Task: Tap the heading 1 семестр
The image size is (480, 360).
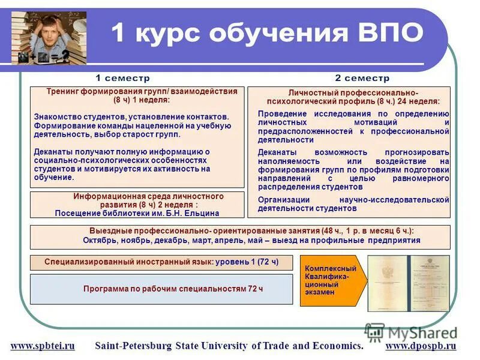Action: [x=123, y=78]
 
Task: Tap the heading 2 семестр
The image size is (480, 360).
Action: [x=362, y=78]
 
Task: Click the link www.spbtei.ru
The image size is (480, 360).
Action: [x=43, y=346]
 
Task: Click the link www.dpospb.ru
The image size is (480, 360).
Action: [x=421, y=346]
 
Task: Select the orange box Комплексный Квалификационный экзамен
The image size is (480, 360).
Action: [x=328, y=280]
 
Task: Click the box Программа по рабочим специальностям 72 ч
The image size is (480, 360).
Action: [x=173, y=289]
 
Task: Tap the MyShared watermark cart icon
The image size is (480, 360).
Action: [x=374, y=332]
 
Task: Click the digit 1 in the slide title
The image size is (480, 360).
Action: [x=118, y=33]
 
